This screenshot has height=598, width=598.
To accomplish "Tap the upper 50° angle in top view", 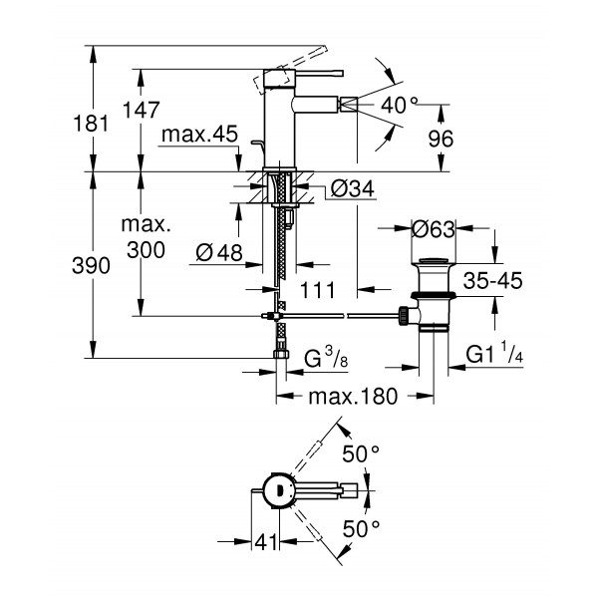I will coord(361,453).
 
